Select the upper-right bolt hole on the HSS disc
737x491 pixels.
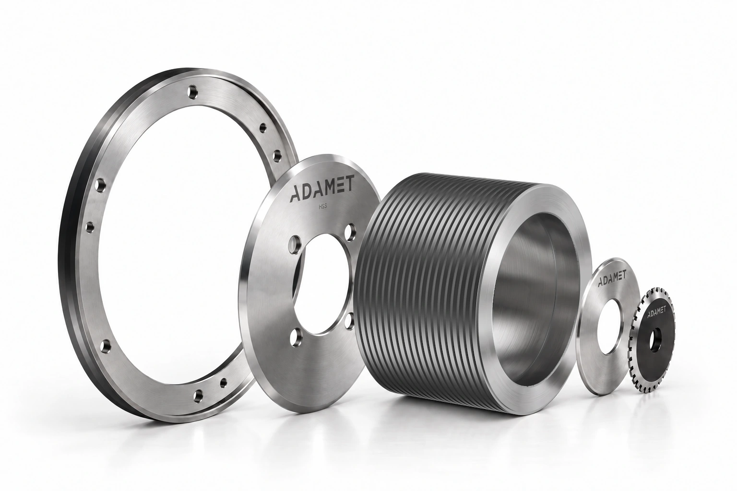point(351,231)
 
